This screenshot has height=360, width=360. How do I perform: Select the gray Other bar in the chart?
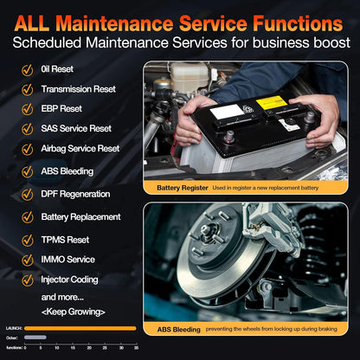click(35, 337)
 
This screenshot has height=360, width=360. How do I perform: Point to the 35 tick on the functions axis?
click(136, 346)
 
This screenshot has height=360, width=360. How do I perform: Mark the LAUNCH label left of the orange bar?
click(12, 328)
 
